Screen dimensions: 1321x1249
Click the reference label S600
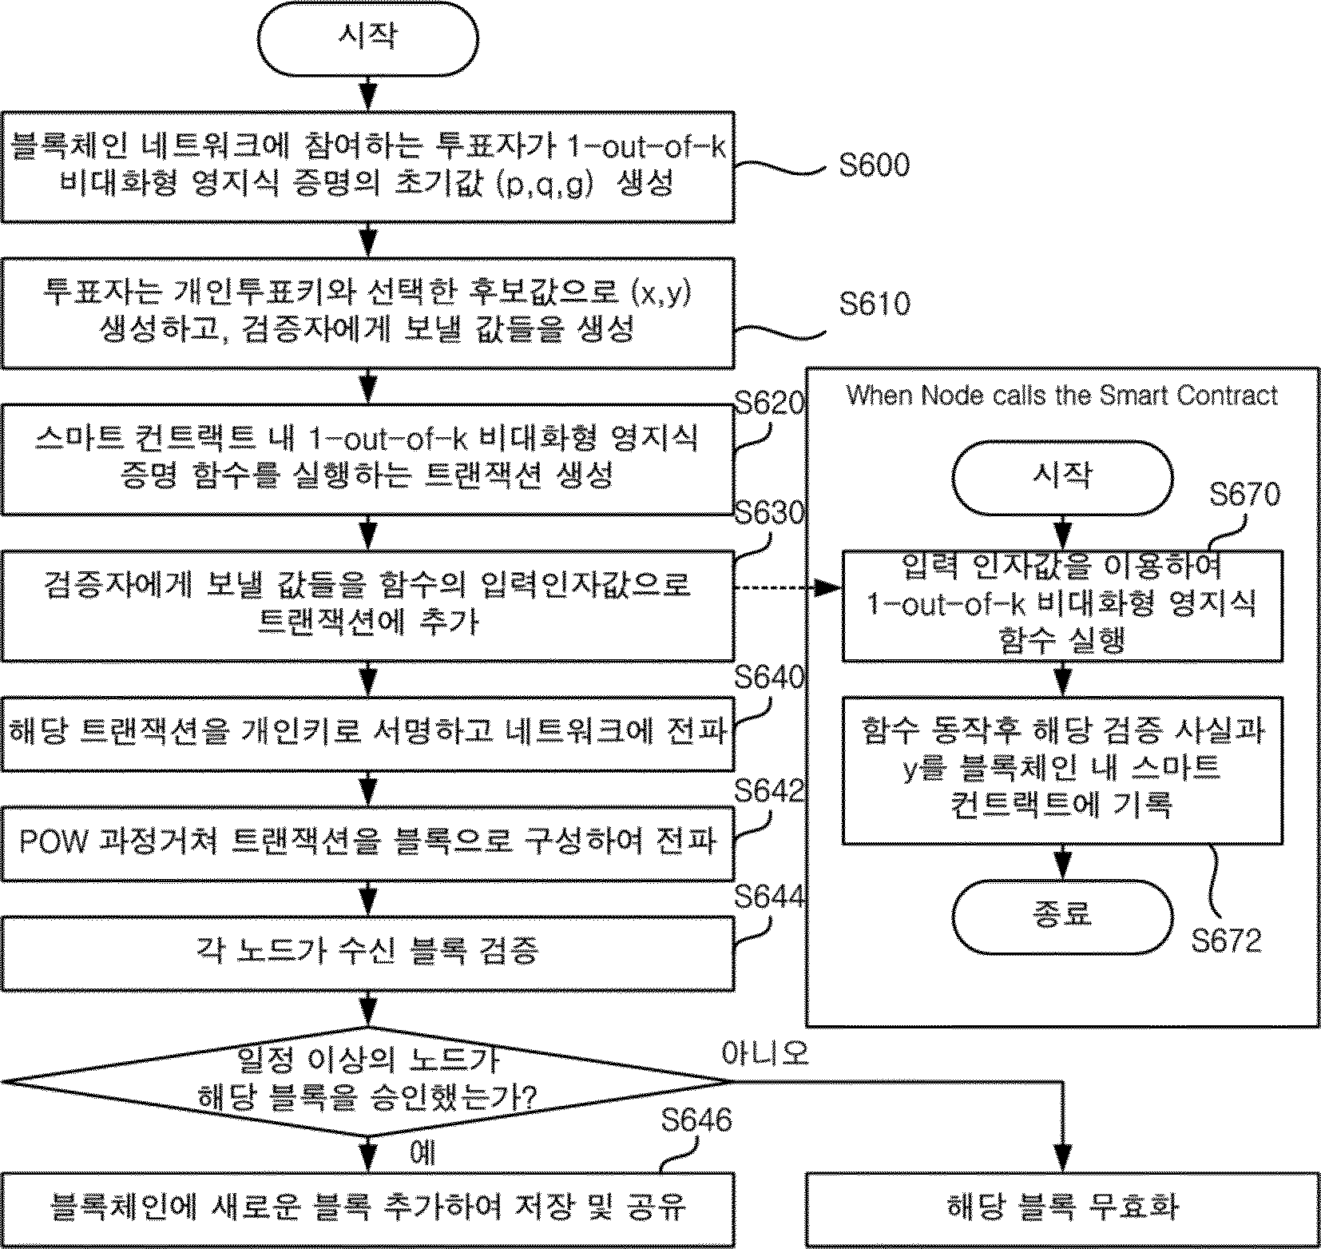coord(875,165)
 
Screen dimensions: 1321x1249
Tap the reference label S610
coord(875,304)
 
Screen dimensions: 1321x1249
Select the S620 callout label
coord(768,404)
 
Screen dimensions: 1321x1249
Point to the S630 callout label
coord(768,512)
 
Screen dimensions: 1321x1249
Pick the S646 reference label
coord(696,1120)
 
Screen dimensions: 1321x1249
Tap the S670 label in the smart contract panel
coord(1244,495)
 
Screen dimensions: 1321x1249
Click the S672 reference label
coord(1227,941)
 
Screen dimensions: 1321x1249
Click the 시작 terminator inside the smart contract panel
coord(1062,478)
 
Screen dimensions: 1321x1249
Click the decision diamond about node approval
coord(367,1082)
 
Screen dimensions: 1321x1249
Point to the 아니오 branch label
coord(765,1053)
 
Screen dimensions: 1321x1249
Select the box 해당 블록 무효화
coord(1062,1207)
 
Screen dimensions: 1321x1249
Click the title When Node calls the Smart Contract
coord(1061,396)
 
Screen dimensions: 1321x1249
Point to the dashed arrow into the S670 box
coord(788,588)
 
